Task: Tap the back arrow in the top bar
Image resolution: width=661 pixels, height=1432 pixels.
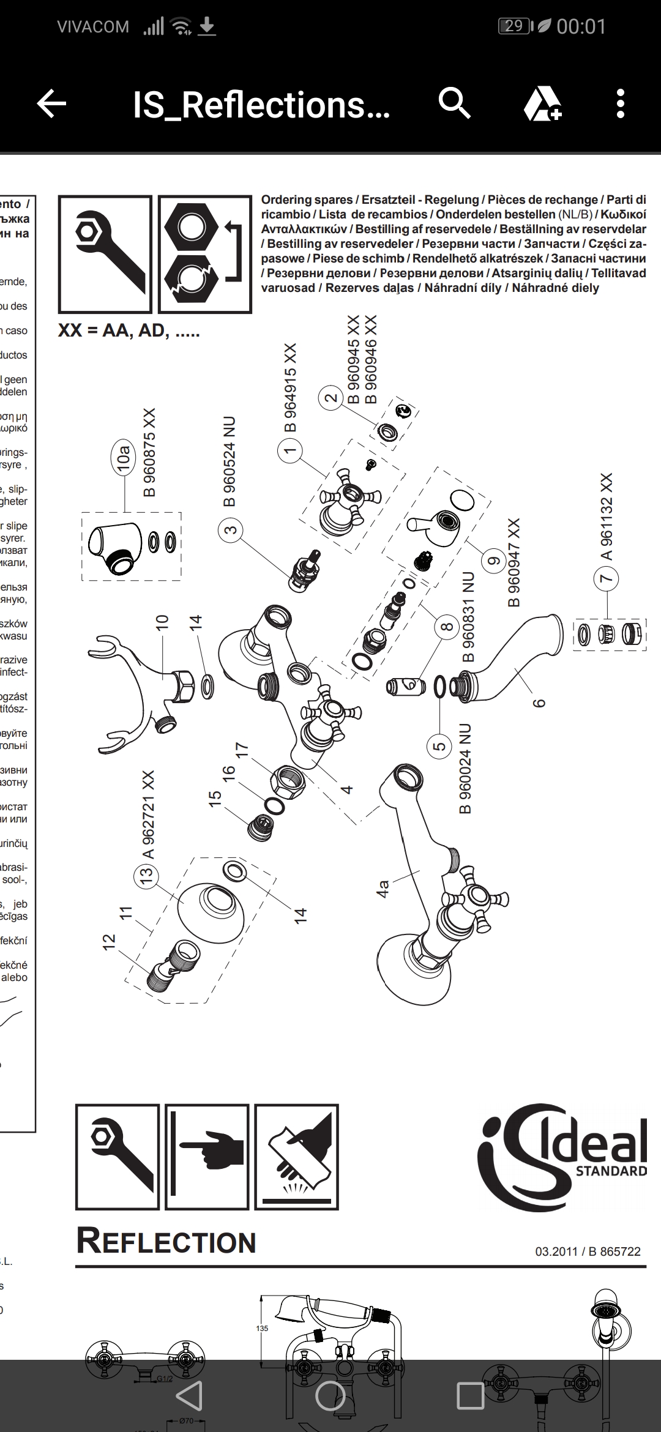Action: tap(52, 104)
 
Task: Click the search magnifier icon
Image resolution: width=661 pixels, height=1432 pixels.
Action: tap(455, 103)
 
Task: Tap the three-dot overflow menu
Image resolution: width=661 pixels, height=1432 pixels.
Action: tap(620, 103)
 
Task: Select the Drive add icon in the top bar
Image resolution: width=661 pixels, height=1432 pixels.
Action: tap(543, 103)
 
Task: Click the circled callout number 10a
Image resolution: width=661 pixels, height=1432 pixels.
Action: tap(124, 457)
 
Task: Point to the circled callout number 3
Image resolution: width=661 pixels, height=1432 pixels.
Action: tap(230, 529)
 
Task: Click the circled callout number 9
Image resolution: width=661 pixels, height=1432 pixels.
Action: tap(493, 560)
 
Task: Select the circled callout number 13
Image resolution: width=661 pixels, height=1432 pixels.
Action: tap(146, 876)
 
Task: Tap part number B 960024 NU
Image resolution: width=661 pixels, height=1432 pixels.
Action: tap(466, 769)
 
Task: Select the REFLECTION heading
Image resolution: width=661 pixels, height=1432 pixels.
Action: tap(166, 1242)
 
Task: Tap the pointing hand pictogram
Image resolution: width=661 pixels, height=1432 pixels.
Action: tap(207, 1157)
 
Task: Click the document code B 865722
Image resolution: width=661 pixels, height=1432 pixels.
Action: tap(614, 1251)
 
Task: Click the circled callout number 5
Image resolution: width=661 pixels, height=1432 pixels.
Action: tap(439, 747)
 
